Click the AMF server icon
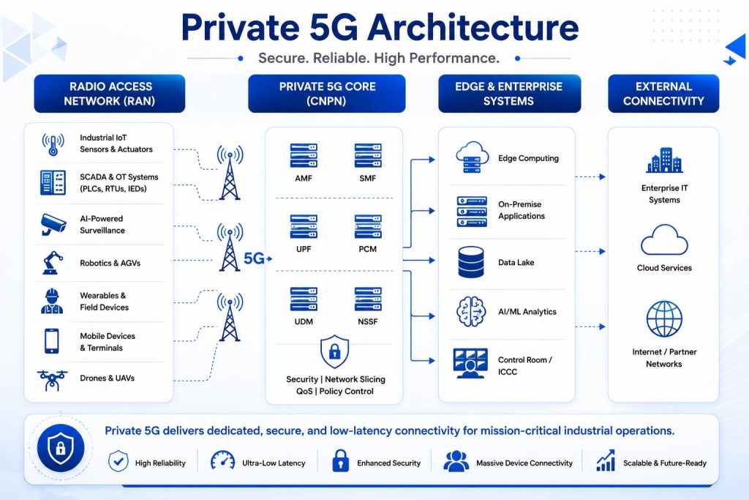click(304, 155)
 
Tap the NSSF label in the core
click(367, 321)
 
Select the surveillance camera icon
click(53, 224)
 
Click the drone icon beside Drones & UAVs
click(52, 380)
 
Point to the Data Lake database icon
click(470, 262)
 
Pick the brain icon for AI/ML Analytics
click(471, 311)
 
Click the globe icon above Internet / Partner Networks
click(664, 319)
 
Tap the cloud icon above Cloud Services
click(664, 240)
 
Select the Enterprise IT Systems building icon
click(664, 160)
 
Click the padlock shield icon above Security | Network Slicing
click(334, 351)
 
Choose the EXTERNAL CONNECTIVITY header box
click(663, 94)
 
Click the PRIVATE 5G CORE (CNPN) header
click(327, 94)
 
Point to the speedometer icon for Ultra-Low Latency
click(222, 460)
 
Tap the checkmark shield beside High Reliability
click(118, 461)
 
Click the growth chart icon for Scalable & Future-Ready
click(605, 460)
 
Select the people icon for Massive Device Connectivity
click(456, 460)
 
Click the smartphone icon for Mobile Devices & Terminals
click(52, 341)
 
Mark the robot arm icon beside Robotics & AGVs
click(53, 262)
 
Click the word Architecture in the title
click(473, 27)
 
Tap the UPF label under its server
click(304, 249)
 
